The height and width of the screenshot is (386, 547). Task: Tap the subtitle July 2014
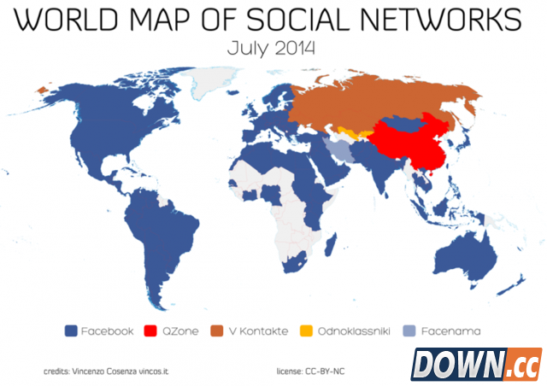point(272,48)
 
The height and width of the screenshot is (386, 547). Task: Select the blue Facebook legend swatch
point(72,330)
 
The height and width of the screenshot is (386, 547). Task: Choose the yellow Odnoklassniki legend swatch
point(307,330)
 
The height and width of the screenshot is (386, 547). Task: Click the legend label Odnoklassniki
point(352,330)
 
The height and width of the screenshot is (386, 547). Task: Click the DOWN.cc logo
point(476,363)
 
